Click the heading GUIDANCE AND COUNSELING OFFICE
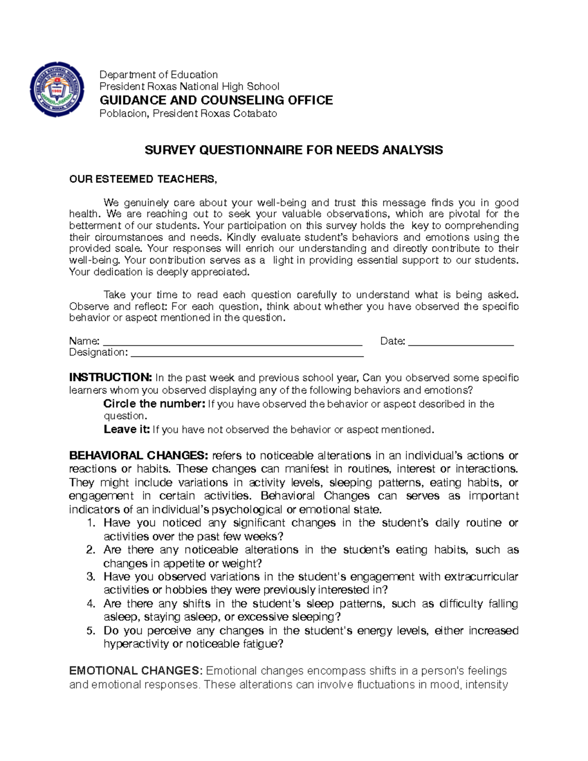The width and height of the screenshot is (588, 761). (x=216, y=100)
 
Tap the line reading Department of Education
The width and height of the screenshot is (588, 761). (x=158, y=74)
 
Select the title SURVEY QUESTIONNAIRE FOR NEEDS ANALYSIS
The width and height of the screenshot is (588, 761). (x=294, y=150)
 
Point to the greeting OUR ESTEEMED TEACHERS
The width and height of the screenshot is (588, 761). (x=143, y=179)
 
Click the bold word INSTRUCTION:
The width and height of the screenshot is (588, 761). (x=111, y=378)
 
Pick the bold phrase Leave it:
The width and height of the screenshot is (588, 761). (x=126, y=430)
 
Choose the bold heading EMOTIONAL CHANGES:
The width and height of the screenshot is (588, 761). (x=136, y=671)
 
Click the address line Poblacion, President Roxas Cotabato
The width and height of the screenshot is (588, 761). (x=188, y=114)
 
